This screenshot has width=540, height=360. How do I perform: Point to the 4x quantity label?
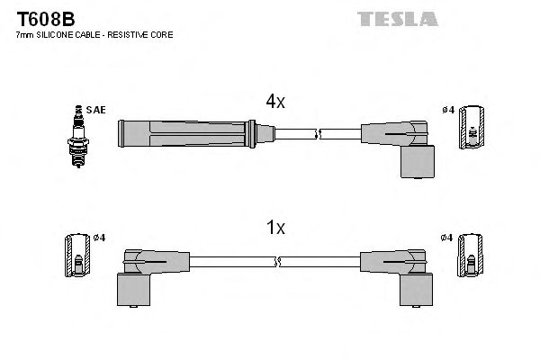(274, 103)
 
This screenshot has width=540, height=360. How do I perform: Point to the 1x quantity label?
(275, 229)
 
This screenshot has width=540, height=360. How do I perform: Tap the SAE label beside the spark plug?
(96, 110)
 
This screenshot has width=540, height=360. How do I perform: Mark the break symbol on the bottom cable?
(277, 262)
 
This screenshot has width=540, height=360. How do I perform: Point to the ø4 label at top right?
(447, 111)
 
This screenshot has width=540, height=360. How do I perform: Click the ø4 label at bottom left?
(99, 238)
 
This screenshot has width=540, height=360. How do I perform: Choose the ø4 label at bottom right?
(447, 238)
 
